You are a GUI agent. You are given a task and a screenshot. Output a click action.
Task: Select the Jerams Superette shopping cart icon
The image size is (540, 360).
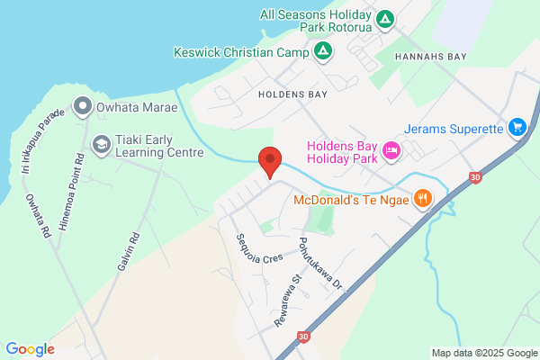click(517, 128)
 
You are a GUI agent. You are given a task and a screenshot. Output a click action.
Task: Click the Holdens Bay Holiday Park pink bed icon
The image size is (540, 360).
click(391, 150)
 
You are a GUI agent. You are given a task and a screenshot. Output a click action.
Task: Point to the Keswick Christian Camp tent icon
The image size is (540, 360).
click(321, 52)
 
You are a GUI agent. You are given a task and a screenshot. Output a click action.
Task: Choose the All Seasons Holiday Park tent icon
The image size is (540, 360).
click(384, 19)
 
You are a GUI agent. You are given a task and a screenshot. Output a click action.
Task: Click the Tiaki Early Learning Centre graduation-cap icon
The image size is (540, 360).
click(102, 143)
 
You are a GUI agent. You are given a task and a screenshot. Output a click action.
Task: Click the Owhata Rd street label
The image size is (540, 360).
click(39, 215)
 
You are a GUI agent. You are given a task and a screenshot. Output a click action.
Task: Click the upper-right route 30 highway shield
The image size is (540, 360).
click(474, 179)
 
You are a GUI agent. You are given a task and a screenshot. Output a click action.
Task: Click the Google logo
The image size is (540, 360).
click(30, 349)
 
